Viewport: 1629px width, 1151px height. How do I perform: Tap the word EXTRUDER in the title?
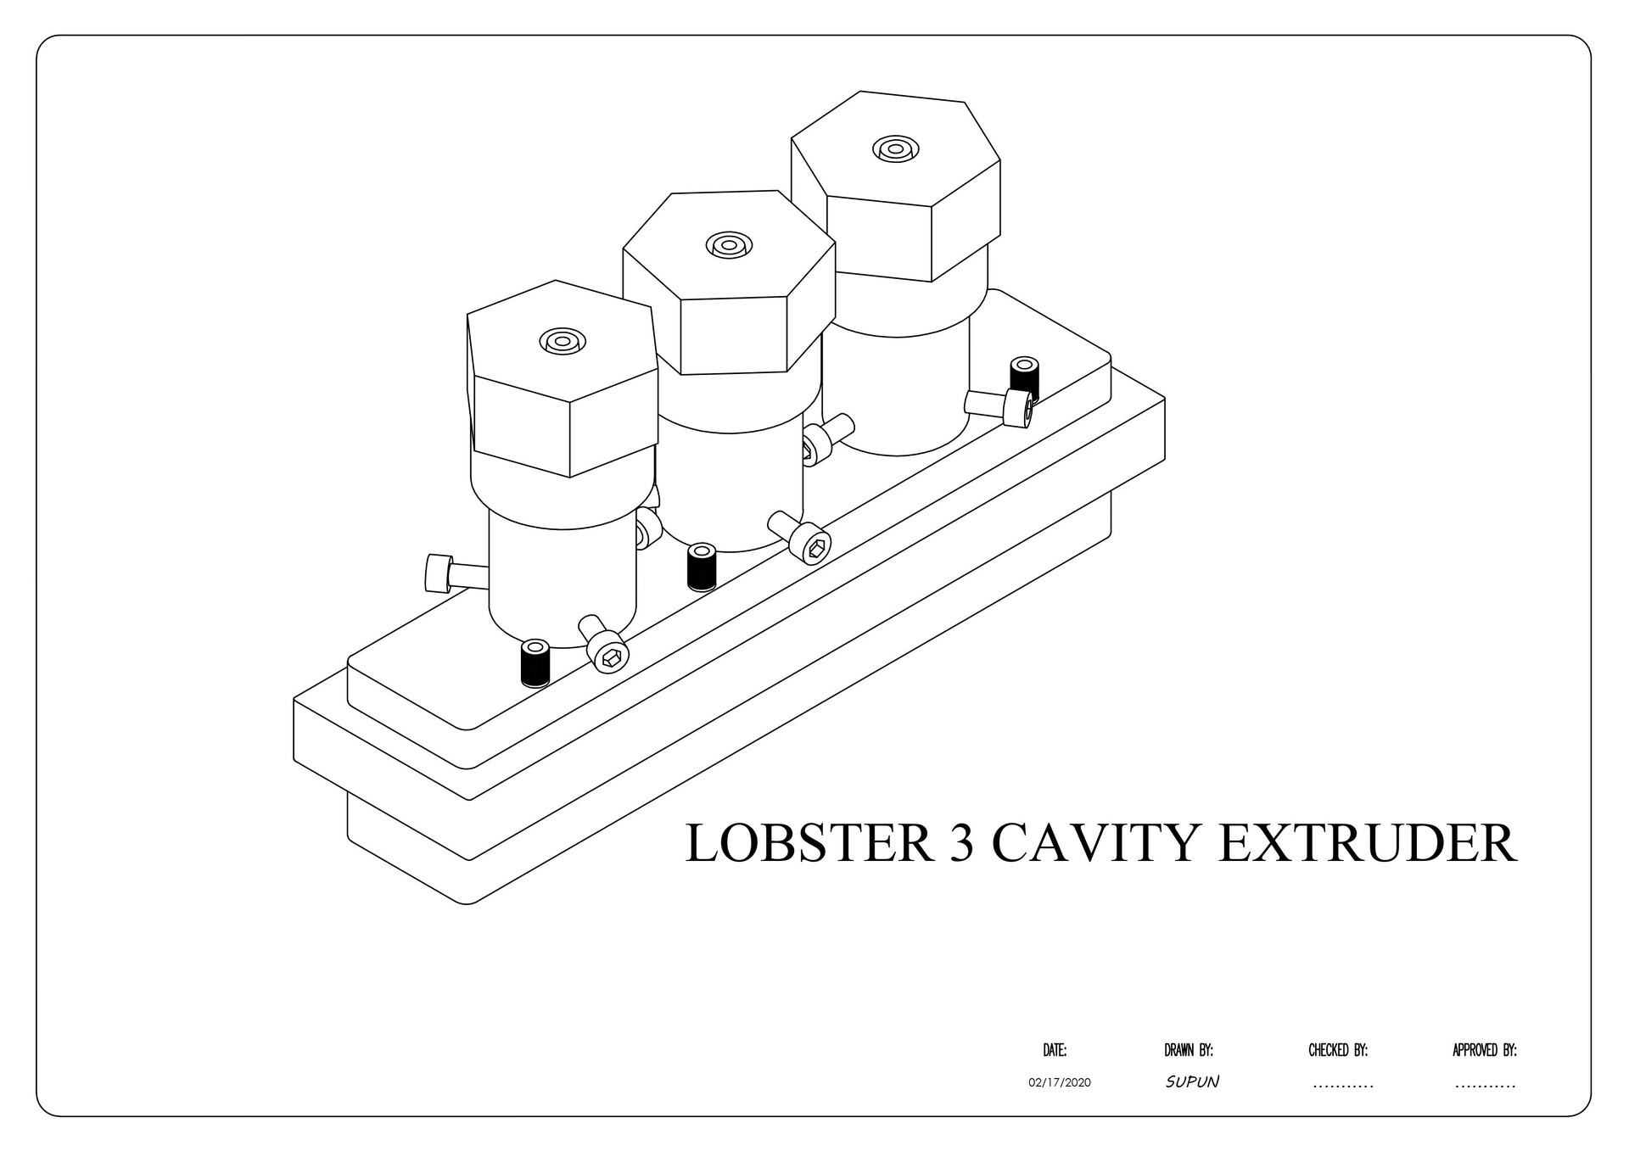(1368, 843)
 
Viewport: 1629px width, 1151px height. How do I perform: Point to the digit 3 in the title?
(962, 843)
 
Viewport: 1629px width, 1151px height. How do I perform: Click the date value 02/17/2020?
(1059, 1083)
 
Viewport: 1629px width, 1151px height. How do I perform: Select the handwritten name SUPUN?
(1192, 1082)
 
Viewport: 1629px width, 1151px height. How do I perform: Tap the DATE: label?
(1055, 1051)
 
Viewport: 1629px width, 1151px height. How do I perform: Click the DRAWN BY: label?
(1189, 1051)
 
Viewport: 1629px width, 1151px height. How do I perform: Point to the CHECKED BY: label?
(1338, 1051)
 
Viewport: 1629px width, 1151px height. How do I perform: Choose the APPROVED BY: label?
(1485, 1051)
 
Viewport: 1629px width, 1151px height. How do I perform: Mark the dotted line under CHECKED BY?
(1342, 1086)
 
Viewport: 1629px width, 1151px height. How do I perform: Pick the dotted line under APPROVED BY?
(1485, 1086)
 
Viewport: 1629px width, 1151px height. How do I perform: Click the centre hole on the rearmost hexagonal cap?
(895, 149)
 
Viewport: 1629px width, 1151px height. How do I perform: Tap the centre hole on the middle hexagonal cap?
(729, 246)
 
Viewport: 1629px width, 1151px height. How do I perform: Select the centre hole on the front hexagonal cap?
(563, 342)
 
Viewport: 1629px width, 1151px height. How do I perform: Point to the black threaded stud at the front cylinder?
(535, 662)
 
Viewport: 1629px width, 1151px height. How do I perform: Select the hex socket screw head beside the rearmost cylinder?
(1017, 408)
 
